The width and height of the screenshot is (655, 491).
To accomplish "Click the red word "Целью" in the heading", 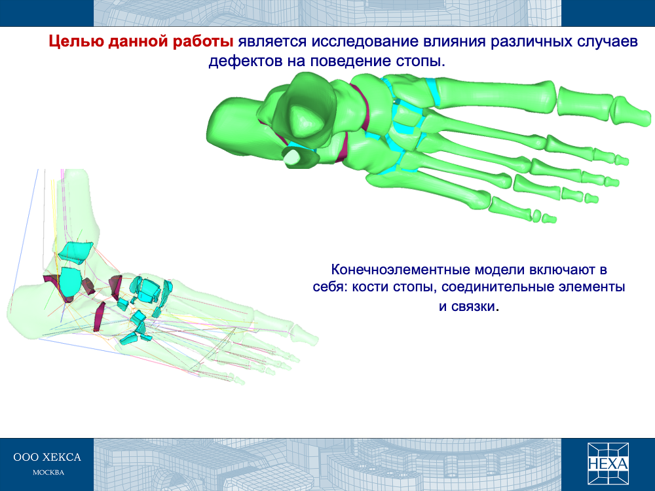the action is pyautogui.click(x=77, y=42).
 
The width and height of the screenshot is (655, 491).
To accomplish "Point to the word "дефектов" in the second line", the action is pyautogui.click(x=245, y=62).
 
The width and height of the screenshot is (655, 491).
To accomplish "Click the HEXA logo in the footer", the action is pyautogui.click(x=608, y=464).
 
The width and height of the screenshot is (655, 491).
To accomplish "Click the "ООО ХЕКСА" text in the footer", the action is pyautogui.click(x=47, y=458).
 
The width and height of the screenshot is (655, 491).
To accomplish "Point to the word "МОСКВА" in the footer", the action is pyautogui.click(x=48, y=473).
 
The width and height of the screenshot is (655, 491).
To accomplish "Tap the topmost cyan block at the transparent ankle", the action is pyautogui.click(x=75, y=252).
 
